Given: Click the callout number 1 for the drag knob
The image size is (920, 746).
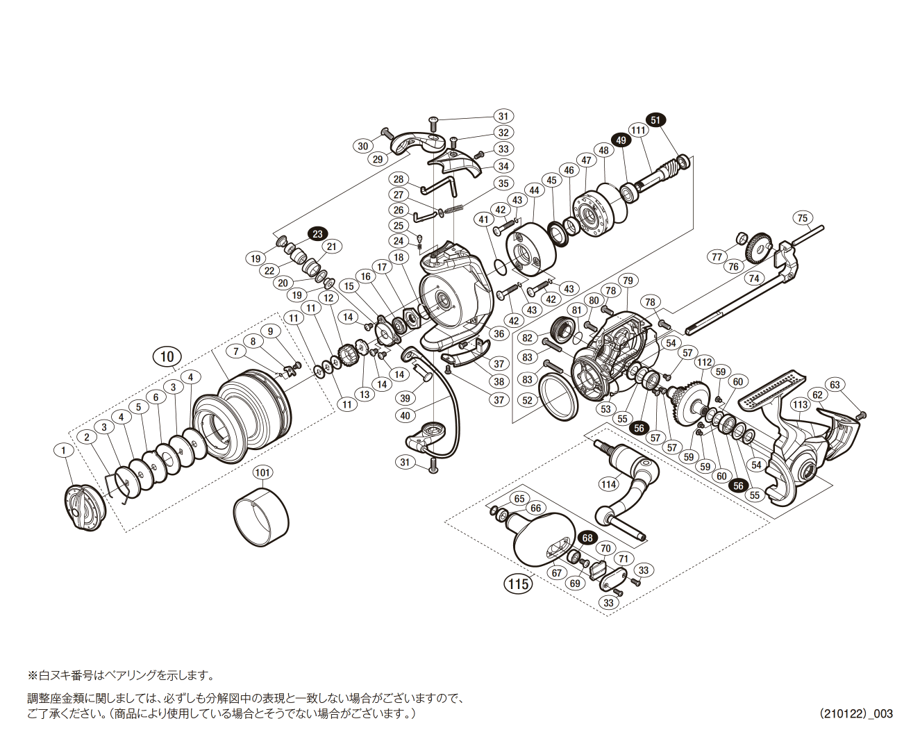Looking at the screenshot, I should [x=63, y=451].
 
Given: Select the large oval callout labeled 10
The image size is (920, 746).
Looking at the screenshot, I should [x=167, y=357].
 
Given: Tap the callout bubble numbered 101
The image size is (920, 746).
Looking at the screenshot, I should [x=262, y=472].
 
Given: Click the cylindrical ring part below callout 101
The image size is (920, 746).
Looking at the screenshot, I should [x=261, y=517].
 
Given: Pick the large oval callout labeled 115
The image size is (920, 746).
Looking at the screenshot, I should [x=518, y=583].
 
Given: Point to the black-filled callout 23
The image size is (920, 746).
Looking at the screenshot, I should [x=317, y=234].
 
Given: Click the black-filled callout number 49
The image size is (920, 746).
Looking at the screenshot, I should [x=621, y=140].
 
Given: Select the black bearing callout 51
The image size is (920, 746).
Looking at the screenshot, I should [x=655, y=120].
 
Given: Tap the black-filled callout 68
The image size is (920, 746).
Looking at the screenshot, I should [x=587, y=538].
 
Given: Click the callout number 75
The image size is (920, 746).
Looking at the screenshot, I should [x=803, y=218].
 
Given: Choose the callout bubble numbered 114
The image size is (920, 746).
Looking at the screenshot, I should [x=609, y=484].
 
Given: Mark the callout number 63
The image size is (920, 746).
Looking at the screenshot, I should [x=835, y=385].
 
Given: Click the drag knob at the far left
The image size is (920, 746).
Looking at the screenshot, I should [x=84, y=508].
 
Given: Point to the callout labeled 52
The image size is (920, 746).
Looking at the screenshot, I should [x=528, y=400].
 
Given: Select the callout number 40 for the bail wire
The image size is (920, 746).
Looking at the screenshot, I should [x=405, y=415].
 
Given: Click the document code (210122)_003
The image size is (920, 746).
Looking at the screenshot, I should [x=855, y=713].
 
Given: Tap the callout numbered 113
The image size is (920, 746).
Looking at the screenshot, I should [x=800, y=404].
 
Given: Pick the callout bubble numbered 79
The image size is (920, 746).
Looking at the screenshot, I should [x=628, y=281].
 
